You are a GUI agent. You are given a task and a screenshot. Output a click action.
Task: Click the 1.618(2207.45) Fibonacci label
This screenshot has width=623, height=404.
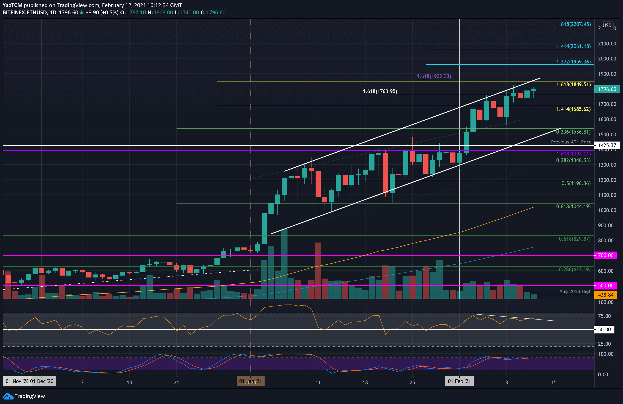click(x=573, y=24)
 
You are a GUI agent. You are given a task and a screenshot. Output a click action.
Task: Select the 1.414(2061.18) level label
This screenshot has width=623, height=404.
click(x=573, y=46)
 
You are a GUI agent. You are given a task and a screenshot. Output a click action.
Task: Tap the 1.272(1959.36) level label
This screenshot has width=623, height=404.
click(x=573, y=62)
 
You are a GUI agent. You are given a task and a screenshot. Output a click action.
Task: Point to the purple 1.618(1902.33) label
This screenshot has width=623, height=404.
click(x=434, y=76)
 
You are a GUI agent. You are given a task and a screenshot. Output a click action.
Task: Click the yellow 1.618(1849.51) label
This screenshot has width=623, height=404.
click(x=573, y=84)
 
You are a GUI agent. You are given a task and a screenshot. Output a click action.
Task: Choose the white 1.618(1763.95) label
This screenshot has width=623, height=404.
click(x=380, y=91)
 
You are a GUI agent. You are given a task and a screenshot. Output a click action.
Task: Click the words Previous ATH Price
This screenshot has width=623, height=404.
click(x=571, y=142)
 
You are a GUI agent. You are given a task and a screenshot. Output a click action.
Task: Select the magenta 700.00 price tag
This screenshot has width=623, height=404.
click(x=605, y=255)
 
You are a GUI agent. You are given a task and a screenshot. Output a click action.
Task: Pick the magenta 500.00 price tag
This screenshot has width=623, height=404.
click(x=605, y=286)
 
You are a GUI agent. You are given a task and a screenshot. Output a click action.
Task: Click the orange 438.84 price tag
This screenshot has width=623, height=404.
click(x=605, y=295)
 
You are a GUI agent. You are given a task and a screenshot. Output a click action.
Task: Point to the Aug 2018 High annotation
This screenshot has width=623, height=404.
click(x=575, y=291)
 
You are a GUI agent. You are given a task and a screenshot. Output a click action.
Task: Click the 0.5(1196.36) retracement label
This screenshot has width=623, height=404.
click(x=576, y=183)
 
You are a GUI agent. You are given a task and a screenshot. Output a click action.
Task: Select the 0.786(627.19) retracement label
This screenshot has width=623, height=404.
click(x=574, y=270)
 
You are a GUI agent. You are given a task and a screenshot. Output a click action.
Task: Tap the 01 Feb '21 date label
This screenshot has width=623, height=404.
click(x=459, y=381)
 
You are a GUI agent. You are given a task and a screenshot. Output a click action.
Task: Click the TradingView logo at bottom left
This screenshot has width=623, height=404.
click(x=24, y=396)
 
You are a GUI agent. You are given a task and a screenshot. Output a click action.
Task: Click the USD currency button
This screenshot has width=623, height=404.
click(x=607, y=26)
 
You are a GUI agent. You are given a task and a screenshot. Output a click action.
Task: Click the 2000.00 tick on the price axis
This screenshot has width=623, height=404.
click(x=607, y=59)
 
